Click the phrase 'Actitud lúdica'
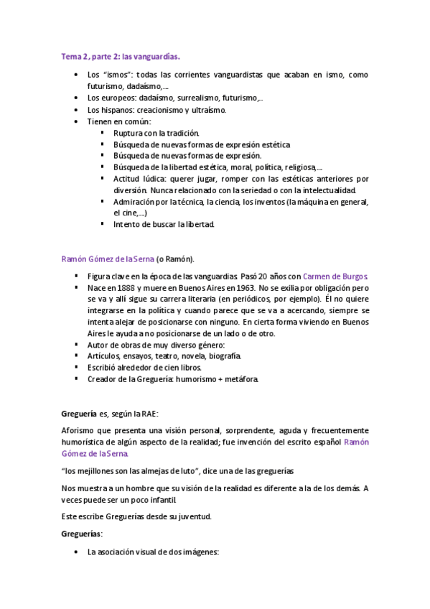(140, 179)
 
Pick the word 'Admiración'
(136, 202)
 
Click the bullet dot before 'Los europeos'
(77, 98)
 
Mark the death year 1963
(245, 287)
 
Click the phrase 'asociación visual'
(124, 552)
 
